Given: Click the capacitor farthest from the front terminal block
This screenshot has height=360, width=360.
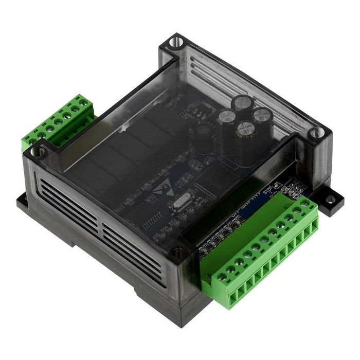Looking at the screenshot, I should click(241, 103).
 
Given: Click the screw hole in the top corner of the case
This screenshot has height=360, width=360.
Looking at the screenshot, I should click(176, 41).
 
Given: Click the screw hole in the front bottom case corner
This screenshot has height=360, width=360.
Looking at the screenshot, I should click(177, 253).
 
